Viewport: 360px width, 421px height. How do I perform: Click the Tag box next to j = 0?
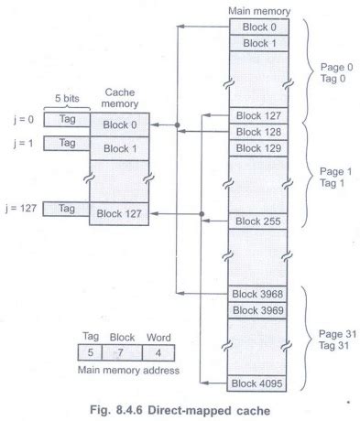pyautogui.click(x=66, y=119)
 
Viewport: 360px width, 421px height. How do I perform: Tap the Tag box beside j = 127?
pyautogui.click(x=66, y=208)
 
